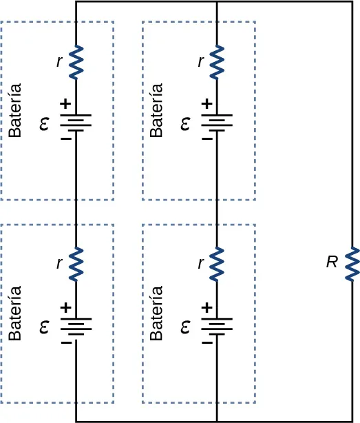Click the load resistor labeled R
tap(351, 263)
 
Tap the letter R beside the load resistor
tap(332, 262)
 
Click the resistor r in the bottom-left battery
tap(76, 264)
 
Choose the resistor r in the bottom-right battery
tap(217, 264)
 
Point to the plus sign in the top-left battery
tap(65, 104)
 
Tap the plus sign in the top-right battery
tap(206, 104)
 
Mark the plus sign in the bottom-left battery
tap(65, 307)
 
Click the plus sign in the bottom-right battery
tap(206, 307)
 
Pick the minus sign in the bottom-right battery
tap(206, 342)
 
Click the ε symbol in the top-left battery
tap(45, 125)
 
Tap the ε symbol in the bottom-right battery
tap(185, 328)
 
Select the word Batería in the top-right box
tap(157, 110)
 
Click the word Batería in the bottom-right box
tap(157, 313)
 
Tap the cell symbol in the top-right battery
tap(217, 123)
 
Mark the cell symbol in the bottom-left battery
tap(76, 326)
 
